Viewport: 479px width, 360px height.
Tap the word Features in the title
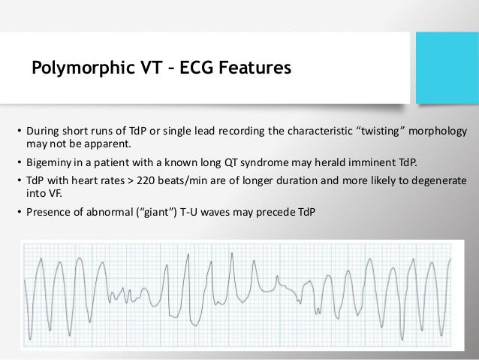pos(252,70)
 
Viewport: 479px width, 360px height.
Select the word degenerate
pos(439,181)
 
